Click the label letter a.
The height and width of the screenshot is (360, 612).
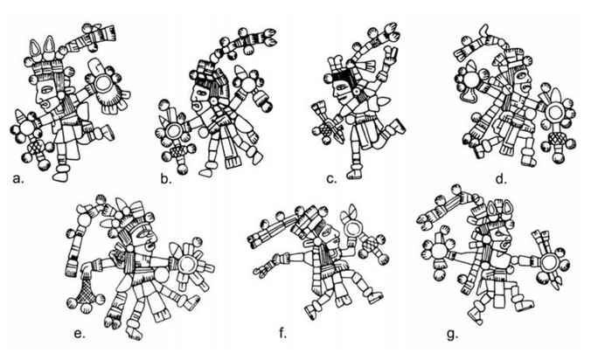17,179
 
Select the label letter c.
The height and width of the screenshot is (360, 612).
331,179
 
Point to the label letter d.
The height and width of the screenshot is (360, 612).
501,179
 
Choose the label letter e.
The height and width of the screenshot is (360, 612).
80,334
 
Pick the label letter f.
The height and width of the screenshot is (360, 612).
283,333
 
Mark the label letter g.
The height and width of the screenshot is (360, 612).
452,335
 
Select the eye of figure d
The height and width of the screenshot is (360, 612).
522,74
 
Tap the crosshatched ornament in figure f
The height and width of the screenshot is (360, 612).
370,245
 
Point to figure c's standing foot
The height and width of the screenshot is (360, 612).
354,173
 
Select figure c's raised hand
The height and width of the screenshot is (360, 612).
391,52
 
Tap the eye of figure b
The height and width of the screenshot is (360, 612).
203,93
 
